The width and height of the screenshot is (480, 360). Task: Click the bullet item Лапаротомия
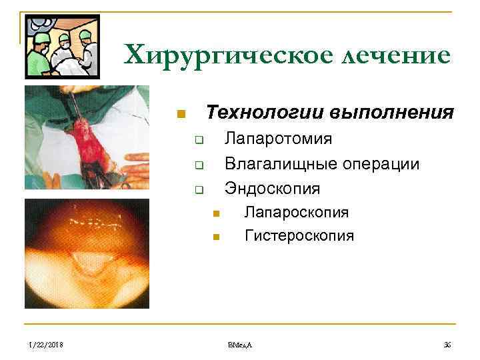(x=278, y=139)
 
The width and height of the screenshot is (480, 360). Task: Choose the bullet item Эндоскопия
(x=272, y=189)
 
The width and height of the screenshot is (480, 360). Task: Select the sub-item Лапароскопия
(x=297, y=213)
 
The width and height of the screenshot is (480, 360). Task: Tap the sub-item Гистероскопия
(x=299, y=236)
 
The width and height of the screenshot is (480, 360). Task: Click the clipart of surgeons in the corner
(x=61, y=47)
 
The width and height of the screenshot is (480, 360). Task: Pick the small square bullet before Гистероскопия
(x=216, y=237)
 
